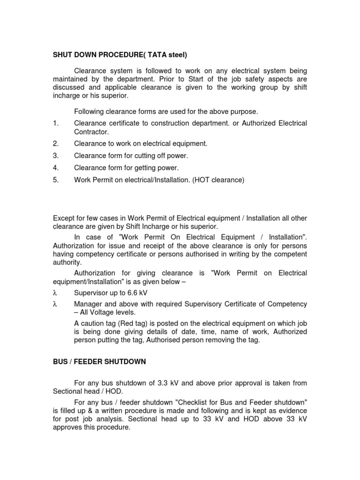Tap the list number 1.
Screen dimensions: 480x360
pyautogui.click(x=56, y=123)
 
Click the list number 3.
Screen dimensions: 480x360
pyautogui.click(x=56, y=156)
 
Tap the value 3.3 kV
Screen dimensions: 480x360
pyautogui.click(x=171, y=383)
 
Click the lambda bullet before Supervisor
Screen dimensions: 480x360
pyautogui.click(x=55, y=292)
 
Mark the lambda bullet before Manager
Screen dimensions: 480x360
pyautogui.click(x=55, y=304)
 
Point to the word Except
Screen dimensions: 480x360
pyautogui.click(x=64, y=218)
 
